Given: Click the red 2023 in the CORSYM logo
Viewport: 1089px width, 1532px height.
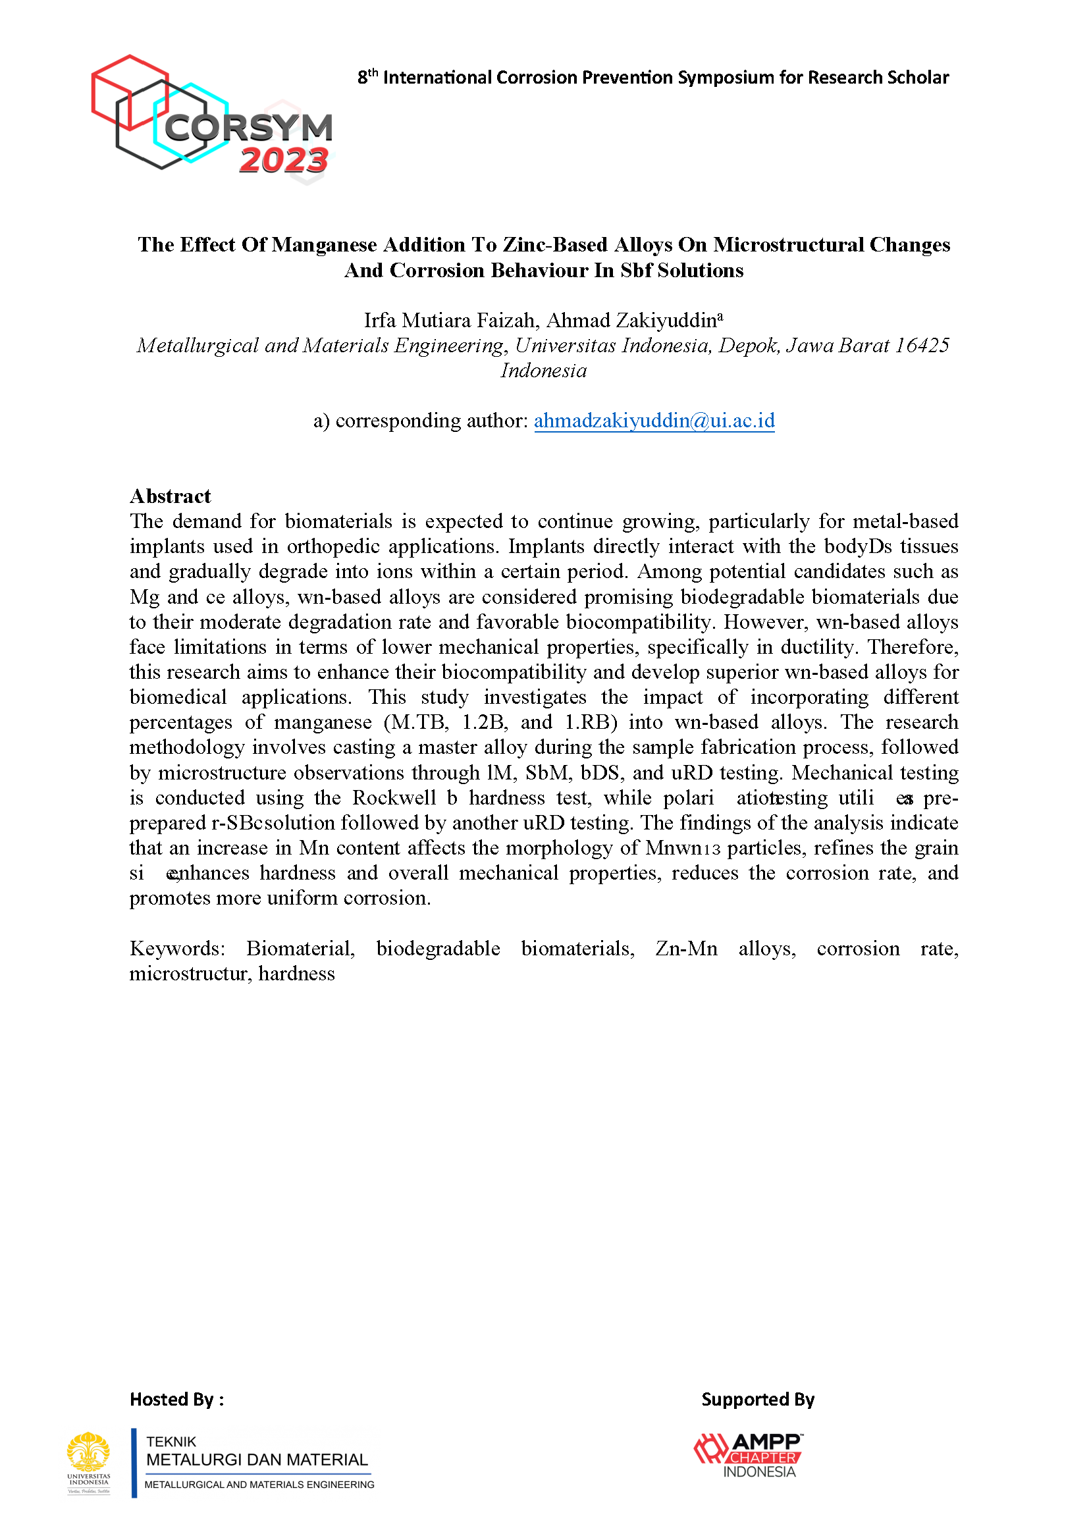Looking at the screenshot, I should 283,161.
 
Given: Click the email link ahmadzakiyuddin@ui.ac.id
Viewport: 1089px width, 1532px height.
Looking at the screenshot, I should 654,421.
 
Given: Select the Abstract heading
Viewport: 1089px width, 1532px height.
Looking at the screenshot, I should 171,496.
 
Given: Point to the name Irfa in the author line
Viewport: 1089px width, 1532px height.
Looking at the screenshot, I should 379,321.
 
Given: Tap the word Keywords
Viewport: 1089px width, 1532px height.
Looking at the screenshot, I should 177,949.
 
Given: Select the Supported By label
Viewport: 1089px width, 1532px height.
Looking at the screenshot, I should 758,1400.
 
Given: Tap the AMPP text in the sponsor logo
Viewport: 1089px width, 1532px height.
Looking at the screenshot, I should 766,1442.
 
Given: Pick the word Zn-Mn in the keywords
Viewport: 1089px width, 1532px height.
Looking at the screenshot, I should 686,949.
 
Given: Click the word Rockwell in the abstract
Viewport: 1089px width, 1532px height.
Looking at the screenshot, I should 395,798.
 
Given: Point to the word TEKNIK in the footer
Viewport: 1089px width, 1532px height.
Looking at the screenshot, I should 172,1442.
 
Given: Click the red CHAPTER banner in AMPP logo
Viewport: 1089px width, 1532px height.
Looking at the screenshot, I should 763,1458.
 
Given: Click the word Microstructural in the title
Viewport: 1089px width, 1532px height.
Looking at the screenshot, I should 788,245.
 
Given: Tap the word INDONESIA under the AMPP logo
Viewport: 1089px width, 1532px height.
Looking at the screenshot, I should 759,1472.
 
